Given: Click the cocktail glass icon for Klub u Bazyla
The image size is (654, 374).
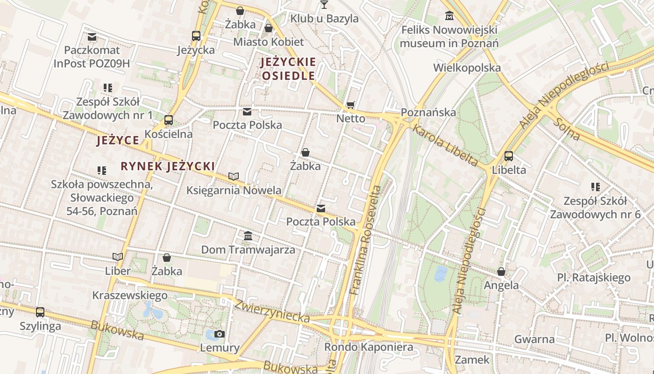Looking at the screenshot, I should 324,5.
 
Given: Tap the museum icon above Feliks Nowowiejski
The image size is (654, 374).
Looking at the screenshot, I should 449,16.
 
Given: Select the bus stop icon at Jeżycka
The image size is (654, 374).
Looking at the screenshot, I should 196,36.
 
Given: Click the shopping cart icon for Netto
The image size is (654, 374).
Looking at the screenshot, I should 351,105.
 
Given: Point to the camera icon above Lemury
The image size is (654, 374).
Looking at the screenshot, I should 220,334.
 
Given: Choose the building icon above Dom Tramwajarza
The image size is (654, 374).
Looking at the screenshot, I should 248,236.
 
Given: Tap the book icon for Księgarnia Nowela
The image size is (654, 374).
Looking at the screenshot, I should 234,176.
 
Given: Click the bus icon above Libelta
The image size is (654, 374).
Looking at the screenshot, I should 509,156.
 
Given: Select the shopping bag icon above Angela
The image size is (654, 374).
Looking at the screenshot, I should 501,271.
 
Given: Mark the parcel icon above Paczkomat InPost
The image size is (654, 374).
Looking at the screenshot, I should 92,36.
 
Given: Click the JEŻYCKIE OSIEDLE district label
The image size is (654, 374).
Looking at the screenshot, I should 289,69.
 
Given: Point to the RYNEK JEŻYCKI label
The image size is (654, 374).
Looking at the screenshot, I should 168,166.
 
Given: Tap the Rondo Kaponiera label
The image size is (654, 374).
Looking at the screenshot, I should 369,347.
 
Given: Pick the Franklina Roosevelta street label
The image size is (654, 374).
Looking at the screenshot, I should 366,240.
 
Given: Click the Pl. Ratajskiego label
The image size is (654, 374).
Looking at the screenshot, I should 593,278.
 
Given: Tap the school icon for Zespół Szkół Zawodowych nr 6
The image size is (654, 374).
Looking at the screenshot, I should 596,187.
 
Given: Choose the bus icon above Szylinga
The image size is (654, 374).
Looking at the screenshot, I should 40,312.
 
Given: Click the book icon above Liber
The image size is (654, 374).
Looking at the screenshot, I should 118,257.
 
